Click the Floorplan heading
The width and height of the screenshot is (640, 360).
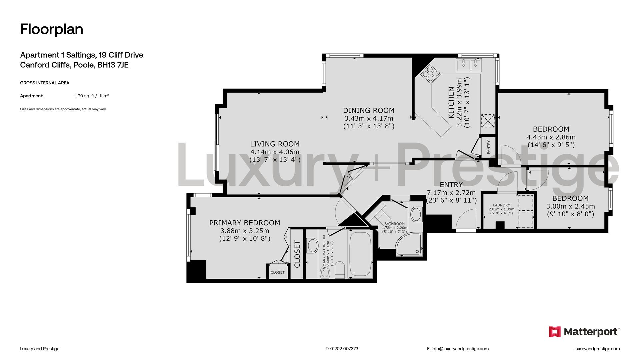click(52, 29)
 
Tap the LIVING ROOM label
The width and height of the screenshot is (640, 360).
click(275, 144)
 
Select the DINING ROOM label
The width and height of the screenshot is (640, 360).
click(369, 110)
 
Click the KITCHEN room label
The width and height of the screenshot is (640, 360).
click(451, 102)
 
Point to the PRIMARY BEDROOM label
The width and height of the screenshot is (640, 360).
click(245, 223)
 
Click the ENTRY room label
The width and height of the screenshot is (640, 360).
click(451, 185)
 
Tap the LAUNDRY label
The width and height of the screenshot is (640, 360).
click(502, 205)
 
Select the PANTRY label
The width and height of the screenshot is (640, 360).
click(489, 147)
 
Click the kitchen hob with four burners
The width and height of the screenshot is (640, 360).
click(430, 74)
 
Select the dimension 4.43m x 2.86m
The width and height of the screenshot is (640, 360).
click(551, 137)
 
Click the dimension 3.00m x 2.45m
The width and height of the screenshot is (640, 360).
click(570, 206)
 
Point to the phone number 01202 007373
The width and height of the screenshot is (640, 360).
click(344, 349)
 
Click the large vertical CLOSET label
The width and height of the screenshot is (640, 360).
click(297, 254)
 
